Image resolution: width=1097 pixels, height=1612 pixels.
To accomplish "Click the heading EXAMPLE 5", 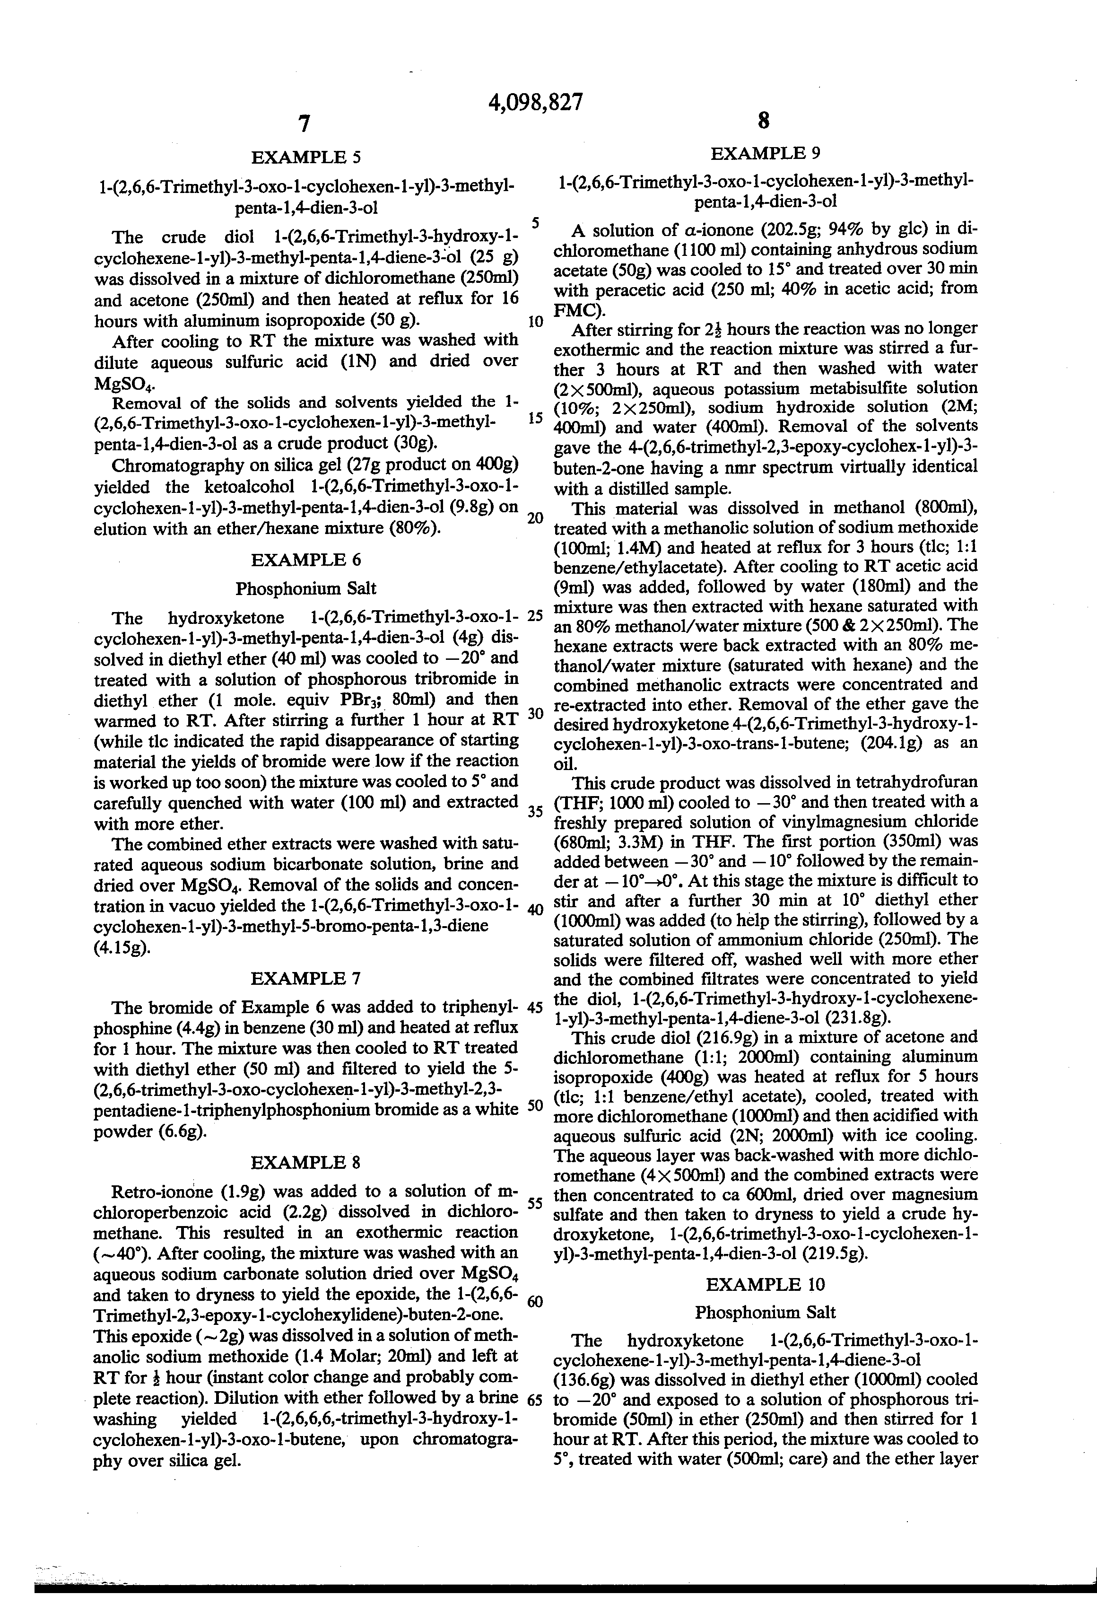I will [x=305, y=158].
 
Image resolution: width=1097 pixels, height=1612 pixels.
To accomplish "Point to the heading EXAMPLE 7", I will [x=305, y=979].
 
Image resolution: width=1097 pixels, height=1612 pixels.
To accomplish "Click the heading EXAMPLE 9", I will [x=765, y=153].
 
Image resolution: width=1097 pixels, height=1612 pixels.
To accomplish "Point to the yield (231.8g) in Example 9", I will [x=855, y=1018].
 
